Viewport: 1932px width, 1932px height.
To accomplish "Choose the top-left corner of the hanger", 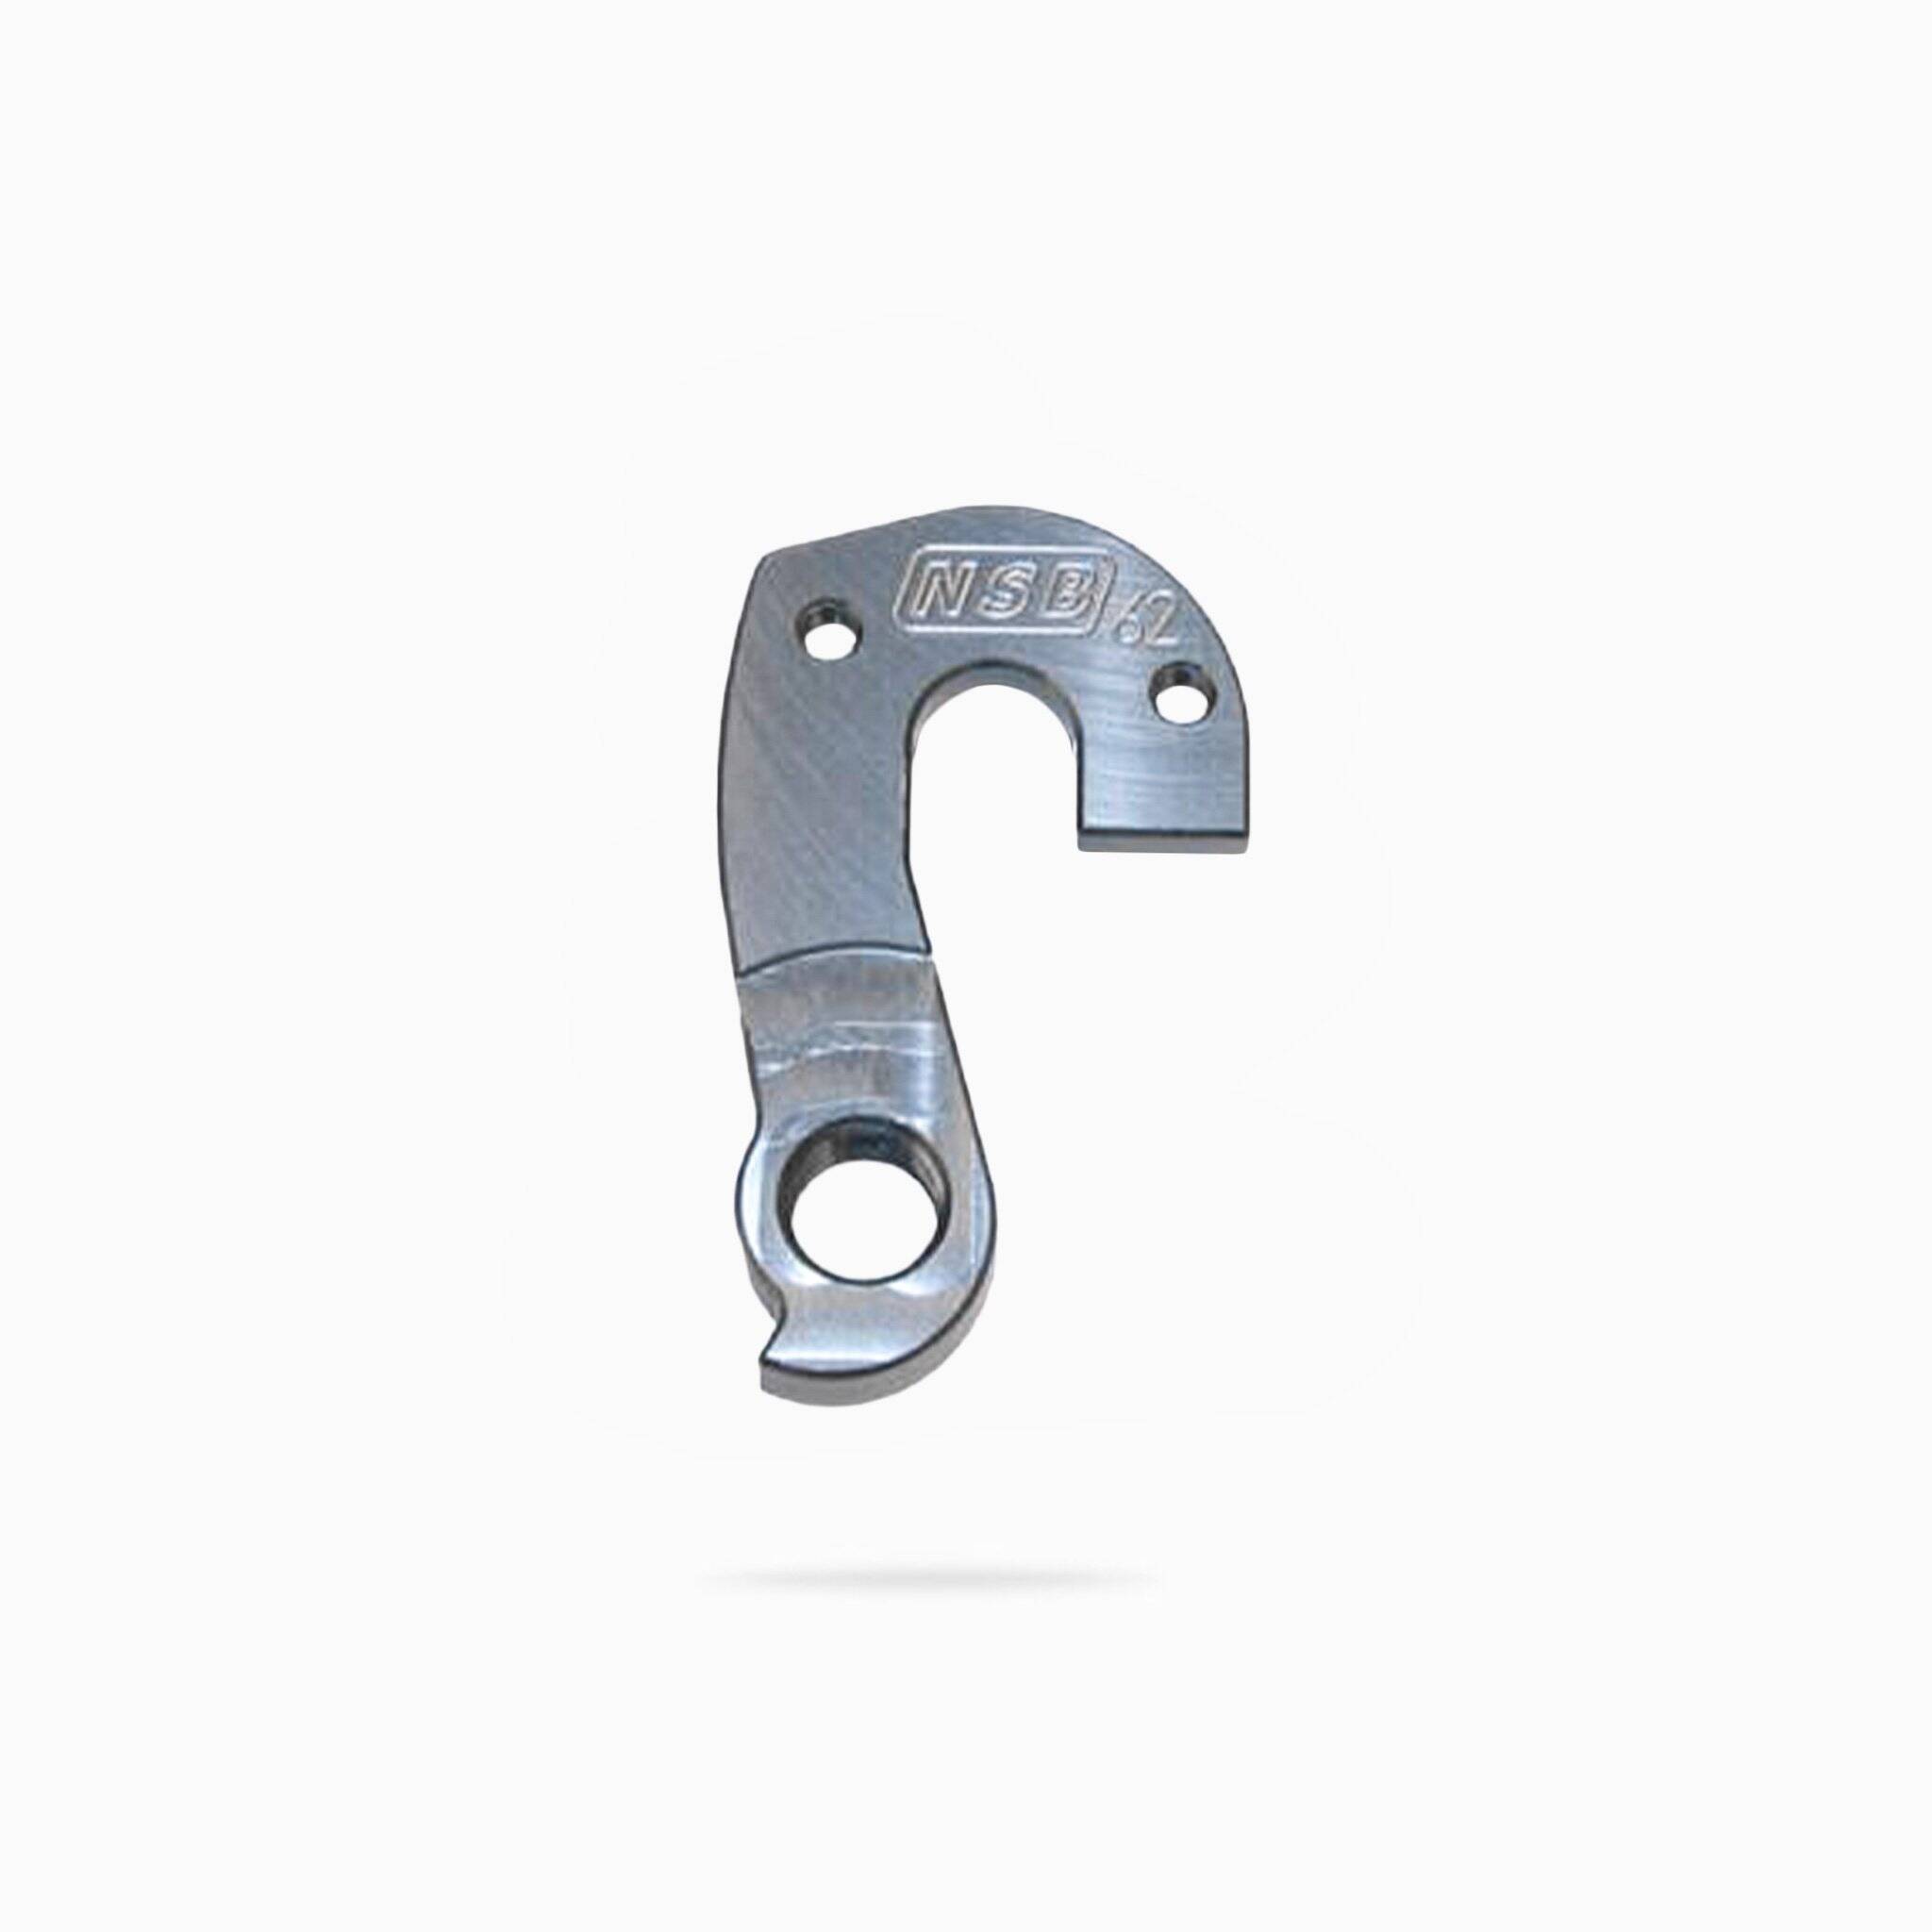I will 775,560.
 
